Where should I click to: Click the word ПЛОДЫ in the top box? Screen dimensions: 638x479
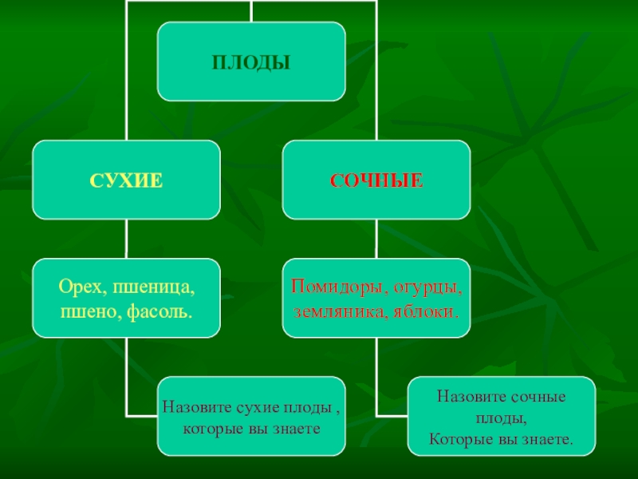click(x=251, y=61)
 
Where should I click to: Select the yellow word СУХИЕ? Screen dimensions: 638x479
click(x=126, y=180)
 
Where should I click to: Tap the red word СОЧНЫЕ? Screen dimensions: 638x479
click(x=376, y=180)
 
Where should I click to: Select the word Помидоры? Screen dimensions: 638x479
click(x=333, y=286)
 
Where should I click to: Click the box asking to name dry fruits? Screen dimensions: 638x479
click(x=251, y=416)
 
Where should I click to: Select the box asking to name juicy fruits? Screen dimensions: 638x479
click(x=501, y=416)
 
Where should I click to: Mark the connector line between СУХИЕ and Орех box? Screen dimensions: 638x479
click(x=126, y=239)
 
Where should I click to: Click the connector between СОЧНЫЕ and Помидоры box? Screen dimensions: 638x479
click(x=376, y=239)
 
